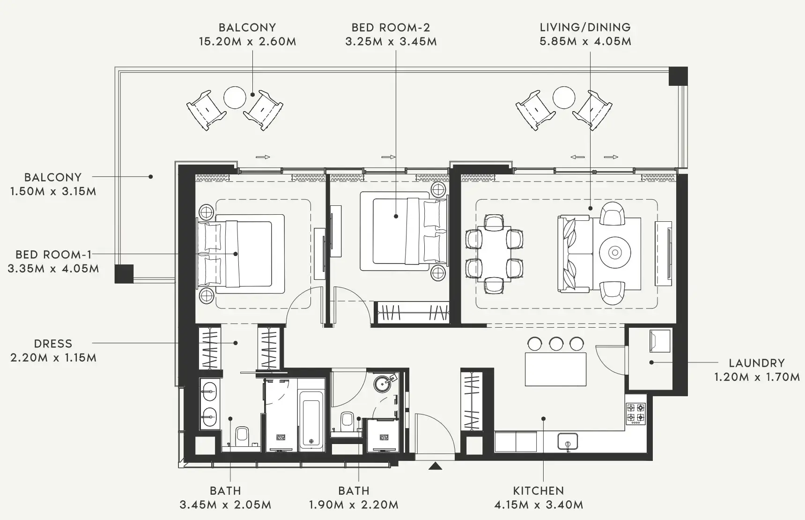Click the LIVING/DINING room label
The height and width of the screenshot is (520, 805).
click(x=585, y=27)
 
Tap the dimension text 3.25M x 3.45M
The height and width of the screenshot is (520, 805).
click(x=391, y=41)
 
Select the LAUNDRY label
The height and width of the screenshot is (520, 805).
click(x=756, y=362)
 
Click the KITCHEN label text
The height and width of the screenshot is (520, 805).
click(x=538, y=490)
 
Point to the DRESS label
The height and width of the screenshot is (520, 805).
click(x=53, y=344)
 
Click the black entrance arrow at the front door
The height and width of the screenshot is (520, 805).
click(x=436, y=466)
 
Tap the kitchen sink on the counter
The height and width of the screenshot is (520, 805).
click(x=568, y=442)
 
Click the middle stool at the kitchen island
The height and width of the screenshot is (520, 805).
click(x=556, y=344)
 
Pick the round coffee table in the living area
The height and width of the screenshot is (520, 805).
click(x=615, y=253)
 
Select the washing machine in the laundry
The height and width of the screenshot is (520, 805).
click(x=659, y=340)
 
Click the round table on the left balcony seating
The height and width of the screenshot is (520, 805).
click(x=235, y=98)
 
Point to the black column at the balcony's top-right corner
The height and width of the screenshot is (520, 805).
click(x=678, y=76)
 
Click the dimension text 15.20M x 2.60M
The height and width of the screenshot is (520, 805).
click(x=247, y=41)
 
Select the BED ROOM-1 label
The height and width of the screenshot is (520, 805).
click(x=53, y=255)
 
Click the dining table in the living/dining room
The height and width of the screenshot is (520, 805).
click(x=494, y=253)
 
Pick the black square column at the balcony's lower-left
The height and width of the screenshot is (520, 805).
click(x=124, y=274)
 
